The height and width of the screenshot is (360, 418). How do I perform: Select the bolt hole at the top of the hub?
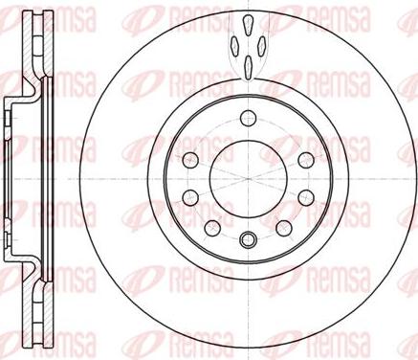click(248, 119)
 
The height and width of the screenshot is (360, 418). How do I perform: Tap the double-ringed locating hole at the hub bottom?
click(248, 239)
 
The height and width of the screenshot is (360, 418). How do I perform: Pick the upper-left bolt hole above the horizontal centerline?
click(190, 160)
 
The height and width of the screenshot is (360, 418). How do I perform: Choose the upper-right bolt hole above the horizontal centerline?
click(306, 160)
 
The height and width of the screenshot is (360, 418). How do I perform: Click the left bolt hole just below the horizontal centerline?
click(190, 197)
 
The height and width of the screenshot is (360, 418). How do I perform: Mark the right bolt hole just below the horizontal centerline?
click(306, 197)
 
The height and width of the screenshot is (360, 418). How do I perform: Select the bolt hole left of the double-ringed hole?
click(212, 228)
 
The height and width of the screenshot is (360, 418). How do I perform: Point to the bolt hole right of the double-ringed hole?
click(284, 228)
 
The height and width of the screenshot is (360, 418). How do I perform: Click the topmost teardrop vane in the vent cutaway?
click(248, 24)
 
